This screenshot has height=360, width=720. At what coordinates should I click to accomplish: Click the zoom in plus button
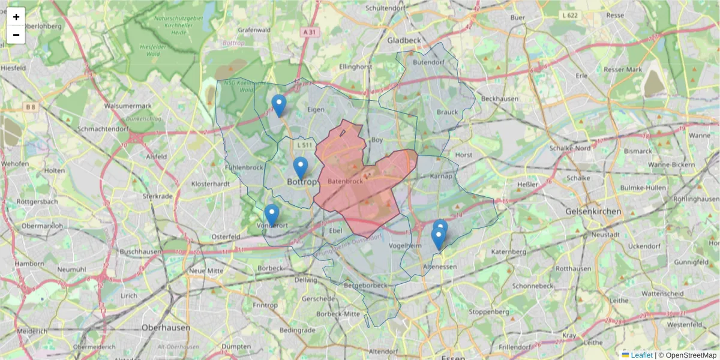(16, 17)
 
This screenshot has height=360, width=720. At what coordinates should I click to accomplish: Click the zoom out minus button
(16, 35)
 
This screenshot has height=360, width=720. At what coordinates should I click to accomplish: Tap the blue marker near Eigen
(278, 106)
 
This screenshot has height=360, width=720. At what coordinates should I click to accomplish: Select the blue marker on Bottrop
(301, 168)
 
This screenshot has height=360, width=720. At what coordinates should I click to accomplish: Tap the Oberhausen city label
(166, 328)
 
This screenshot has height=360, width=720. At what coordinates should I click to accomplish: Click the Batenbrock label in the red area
(346, 181)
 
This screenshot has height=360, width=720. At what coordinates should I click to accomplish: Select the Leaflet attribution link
(641, 355)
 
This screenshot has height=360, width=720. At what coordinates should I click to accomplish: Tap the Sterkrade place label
(157, 196)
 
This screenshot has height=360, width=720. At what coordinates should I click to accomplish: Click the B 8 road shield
(31, 107)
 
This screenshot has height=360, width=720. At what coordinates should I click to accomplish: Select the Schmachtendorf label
(103, 129)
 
